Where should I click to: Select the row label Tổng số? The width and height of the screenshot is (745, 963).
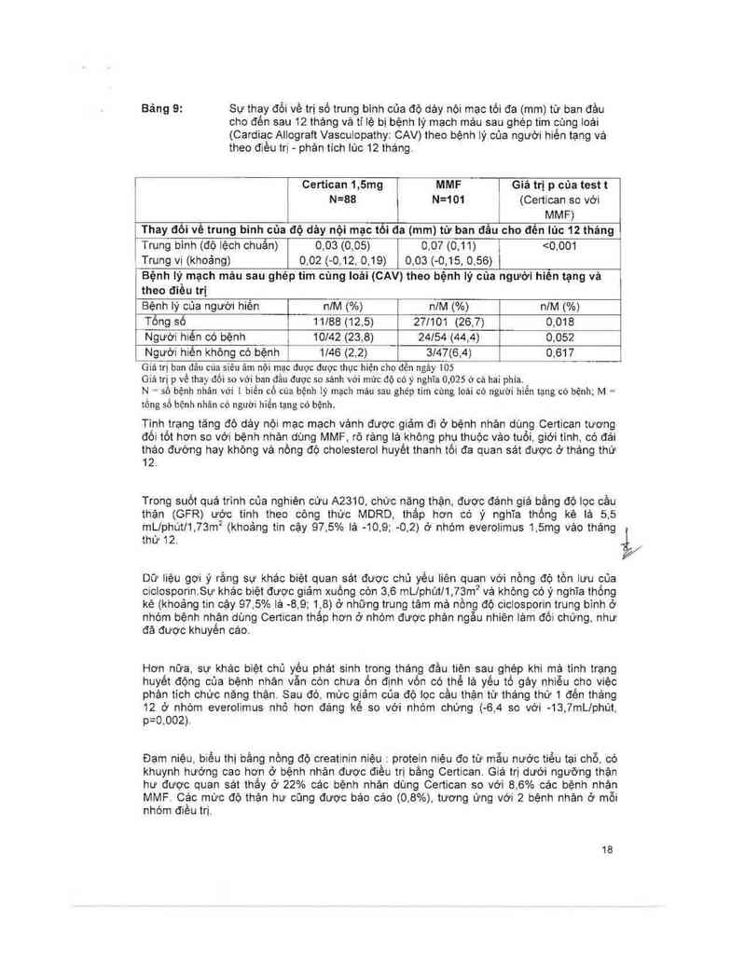click(164, 321)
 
